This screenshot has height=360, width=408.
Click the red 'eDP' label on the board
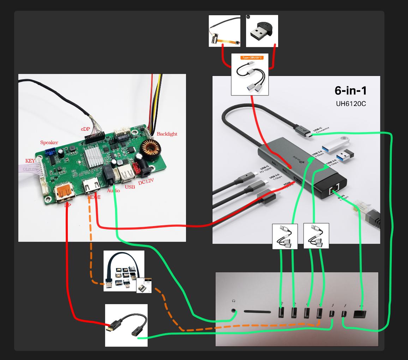click(x=85, y=129)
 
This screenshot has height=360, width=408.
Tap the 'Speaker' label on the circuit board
click(x=49, y=142)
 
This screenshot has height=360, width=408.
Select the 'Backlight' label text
click(x=167, y=134)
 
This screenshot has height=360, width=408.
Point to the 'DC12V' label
click(x=146, y=182)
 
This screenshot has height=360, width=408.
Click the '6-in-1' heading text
click(x=350, y=91)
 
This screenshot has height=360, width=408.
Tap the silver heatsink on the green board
click(x=92, y=159)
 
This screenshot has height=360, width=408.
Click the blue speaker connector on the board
click(x=50, y=152)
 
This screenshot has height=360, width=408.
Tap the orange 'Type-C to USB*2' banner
click(x=252, y=57)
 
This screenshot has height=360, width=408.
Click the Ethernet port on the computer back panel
click(x=360, y=314)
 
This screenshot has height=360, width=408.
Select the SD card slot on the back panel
click(x=256, y=312)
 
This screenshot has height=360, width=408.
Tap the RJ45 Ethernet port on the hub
click(x=334, y=190)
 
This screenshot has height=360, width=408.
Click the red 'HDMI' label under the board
click(x=94, y=197)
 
